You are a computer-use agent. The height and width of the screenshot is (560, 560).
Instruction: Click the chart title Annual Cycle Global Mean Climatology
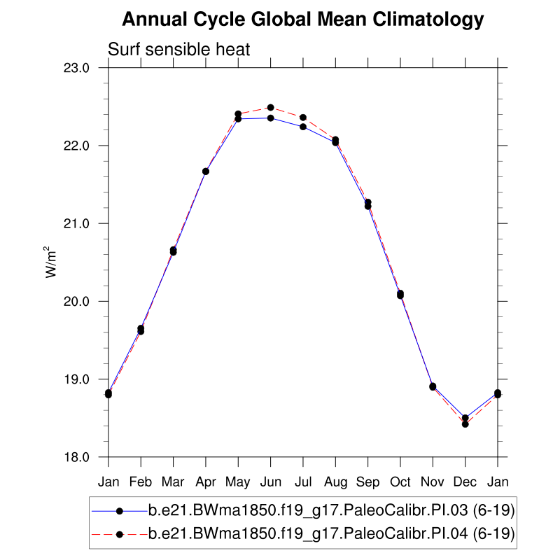coord(302,20)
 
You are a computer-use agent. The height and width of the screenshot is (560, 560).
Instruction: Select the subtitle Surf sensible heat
coord(178,49)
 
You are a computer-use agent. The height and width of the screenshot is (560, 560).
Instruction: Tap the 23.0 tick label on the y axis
coord(78,68)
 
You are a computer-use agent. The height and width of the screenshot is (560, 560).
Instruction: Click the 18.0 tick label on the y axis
coord(78,457)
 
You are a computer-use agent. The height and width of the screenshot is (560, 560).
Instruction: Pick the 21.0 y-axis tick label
coord(78,223)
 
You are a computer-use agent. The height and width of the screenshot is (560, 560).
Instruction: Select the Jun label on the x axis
coord(270,482)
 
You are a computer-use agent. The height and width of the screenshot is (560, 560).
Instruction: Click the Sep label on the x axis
coord(367,482)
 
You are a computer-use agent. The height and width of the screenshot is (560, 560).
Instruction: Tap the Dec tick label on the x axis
coord(465,482)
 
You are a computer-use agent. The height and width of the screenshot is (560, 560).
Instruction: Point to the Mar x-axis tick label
coord(173,482)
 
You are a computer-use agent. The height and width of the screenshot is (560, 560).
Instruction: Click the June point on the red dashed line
coord(270,107)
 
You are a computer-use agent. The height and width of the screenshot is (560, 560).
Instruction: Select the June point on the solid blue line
coord(270,118)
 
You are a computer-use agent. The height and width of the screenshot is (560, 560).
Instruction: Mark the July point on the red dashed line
coord(303,118)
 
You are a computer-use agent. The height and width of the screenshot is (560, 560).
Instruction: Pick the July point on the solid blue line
coord(303,127)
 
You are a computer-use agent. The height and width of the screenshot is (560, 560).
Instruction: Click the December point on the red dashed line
coord(465,424)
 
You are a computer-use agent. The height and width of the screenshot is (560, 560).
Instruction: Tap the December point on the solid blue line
coord(465,418)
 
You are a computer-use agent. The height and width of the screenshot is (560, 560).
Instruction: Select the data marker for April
coord(206,171)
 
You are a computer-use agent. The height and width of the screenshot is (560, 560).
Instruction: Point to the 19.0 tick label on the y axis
coord(78,379)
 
